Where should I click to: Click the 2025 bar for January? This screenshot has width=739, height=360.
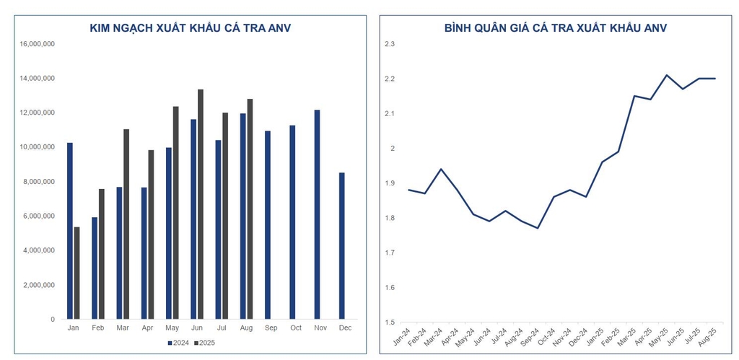pyautogui.click(x=76, y=273)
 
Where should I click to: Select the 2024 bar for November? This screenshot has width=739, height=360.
pyautogui.click(x=317, y=214)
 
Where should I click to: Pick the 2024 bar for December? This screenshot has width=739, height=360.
pyautogui.click(x=341, y=245)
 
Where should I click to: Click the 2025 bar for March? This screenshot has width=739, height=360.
pyautogui.click(x=126, y=224)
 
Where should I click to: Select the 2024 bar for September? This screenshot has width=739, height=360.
pyautogui.click(x=267, y=224)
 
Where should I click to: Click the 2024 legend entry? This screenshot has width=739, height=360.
pyautogui.click(x=178, y=343)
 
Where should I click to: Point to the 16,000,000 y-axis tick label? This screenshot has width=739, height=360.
pyautogui.click(x=38, y=44)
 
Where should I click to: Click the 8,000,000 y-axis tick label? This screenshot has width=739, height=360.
pyautogui.click(x=40, y=182)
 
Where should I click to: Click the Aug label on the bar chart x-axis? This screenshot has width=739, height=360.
pyautogui.click(x=246, y=328)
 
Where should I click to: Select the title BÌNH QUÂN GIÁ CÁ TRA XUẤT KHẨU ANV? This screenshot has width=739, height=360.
pyautogui.click(x=555, y=28)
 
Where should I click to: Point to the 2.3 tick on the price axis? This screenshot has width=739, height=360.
pyautogui.click(x=390, y=44)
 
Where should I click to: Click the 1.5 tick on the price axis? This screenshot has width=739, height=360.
pyautogui.click(x=390, y=322)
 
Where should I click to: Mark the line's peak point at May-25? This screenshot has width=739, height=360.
pyautogui.click(x=667, y=75)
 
